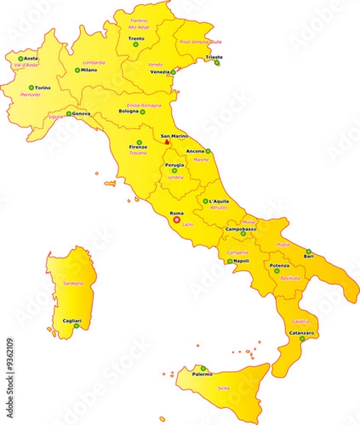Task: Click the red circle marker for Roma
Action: pyautogui.click(x=176, y=219)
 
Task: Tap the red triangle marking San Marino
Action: pyautogui.click(x=167, y=142)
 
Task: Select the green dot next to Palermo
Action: pyautogui.click(x=203, y=368)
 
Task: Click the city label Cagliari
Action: pyautogui.click(x=71, y=320)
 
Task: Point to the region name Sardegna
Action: pyautogui.click(x=73, y=283)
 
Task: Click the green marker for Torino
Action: pyautogui.click(x=30, y=88)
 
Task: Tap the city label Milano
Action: pyautogui.click(x=89, y=70)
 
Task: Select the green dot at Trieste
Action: pyautogui.click(x=217, y=63)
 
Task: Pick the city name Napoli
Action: pyautogui.click(x=241, y=261)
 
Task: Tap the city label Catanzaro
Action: pyautogui.click(x=301, y=332)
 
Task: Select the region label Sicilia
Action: pyautogui.click(x=223, y=388)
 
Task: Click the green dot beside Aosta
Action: pyautogui.click(x=21, y=59)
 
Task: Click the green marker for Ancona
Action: pyautogui.click(x=208, y=151)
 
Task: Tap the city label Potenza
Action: pyautogui.click(x=279, y=265)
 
